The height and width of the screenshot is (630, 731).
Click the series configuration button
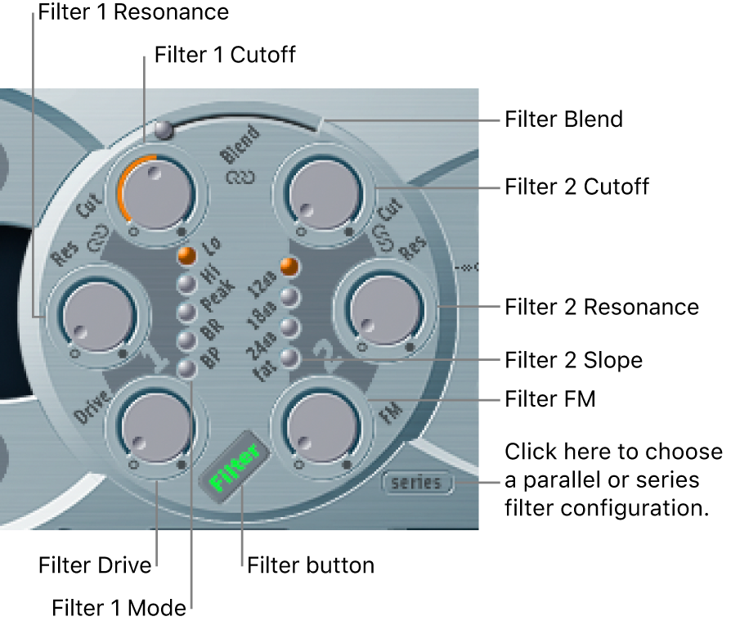(416, 483)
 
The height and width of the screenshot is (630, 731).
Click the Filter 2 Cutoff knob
(319, 194)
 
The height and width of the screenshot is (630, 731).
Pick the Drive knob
(155, 427)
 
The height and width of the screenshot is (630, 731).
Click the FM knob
(321, 427)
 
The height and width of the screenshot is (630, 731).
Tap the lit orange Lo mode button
(187, 255)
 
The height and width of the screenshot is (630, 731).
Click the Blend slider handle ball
(164, 129)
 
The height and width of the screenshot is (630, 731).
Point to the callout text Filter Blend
(563, 119)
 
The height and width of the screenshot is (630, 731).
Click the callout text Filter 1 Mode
(119, 608)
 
